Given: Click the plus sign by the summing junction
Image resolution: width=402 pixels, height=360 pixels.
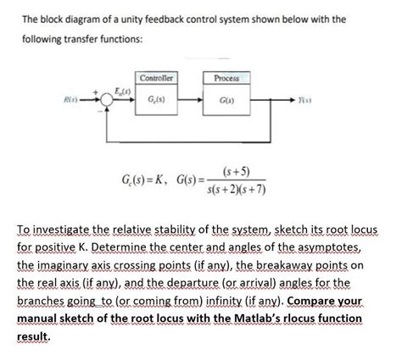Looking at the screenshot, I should pyautogui.click(x=94, y=91).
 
